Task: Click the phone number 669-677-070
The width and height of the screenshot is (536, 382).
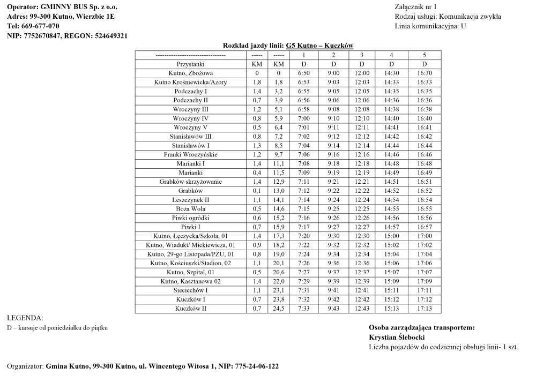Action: (41, 26)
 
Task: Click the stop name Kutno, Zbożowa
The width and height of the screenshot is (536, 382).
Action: (190, 73)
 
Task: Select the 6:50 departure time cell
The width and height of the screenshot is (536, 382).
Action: (303, 73)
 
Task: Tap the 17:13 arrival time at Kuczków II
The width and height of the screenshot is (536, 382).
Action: (424, 309)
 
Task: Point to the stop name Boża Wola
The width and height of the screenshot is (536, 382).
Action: (190, 209)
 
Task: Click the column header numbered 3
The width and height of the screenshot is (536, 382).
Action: (362, 55)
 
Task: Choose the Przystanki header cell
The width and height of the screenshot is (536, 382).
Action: (190, 64)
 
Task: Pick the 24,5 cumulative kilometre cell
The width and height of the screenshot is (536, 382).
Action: (279, 309)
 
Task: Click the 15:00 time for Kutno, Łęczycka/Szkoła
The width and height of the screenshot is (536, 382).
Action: (391, 236)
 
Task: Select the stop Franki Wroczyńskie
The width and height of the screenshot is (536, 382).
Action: (190, 154)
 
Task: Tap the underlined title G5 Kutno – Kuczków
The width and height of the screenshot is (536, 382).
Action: (319, 46)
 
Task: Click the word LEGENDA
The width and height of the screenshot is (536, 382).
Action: (25, 318)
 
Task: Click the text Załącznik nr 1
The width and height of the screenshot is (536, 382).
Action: (415, 7)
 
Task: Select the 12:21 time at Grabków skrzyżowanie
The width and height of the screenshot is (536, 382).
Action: (362, 182)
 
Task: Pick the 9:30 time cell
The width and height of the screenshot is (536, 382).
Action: (333, 236)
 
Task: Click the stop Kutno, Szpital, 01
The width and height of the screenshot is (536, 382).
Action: (190, 272)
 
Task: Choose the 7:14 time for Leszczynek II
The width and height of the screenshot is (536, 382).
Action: (303, 200)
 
